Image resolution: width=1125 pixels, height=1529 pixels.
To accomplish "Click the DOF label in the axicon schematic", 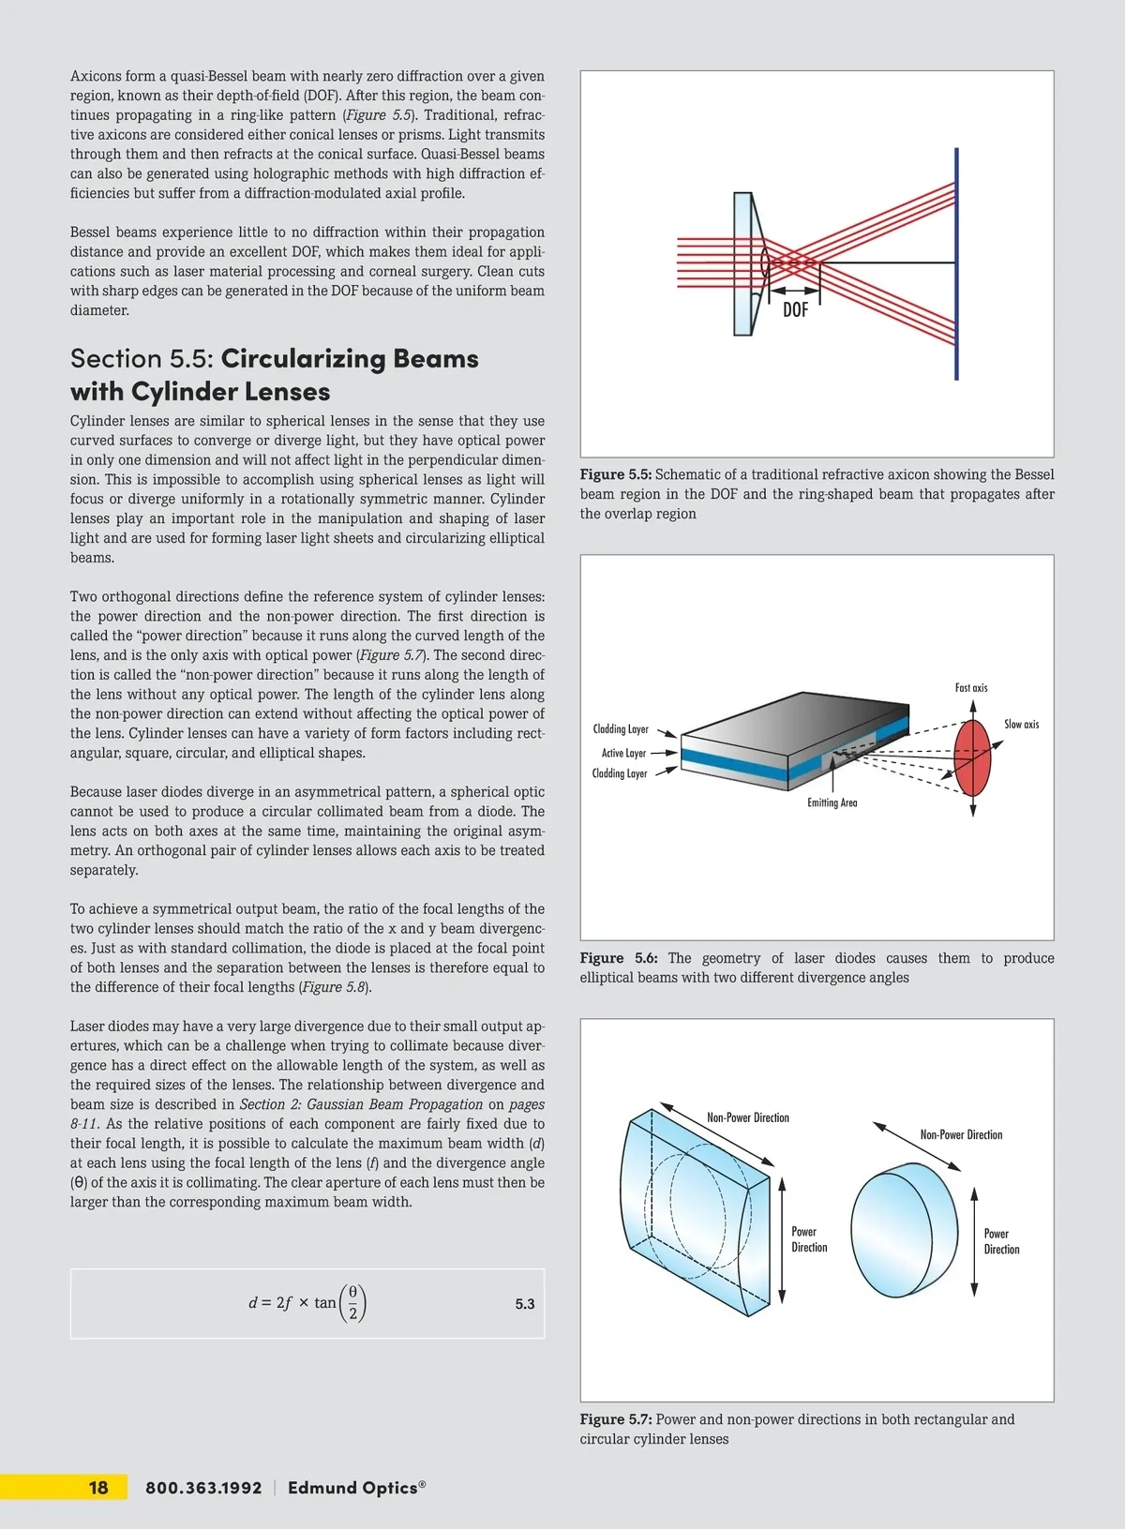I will coord(795,310).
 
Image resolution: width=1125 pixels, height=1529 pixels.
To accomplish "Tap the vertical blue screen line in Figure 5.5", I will coord(956,263).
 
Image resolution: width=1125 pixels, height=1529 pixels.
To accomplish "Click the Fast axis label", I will coord(971,688).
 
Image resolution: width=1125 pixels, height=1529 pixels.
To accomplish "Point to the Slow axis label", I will coord(1021,725).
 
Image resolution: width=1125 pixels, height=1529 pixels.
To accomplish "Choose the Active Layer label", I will coord(623,753).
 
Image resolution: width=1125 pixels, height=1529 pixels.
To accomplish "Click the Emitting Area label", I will coord(832,802).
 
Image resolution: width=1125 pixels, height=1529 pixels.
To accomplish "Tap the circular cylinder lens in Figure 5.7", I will coord(904,1230).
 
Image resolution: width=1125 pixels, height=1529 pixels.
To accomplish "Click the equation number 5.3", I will coord(525,1304).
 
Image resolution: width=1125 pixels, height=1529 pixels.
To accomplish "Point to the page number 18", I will coord(98,1488).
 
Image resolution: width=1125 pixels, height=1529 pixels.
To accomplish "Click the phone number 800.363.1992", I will coord(203,1488).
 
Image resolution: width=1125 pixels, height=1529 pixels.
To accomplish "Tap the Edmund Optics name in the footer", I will coord(353,1488).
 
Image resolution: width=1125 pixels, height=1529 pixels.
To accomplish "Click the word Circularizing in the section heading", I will coord(303,359).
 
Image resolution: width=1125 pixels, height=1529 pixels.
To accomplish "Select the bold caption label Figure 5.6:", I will coord(619,958).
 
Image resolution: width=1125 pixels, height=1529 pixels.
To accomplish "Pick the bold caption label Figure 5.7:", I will coord(616,1419).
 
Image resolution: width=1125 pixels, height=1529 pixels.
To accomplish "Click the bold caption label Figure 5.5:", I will coord(616,474).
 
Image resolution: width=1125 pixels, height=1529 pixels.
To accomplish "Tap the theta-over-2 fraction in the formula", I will coord(352,1302).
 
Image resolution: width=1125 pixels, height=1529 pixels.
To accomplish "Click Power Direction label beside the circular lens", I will coord(1001,1241).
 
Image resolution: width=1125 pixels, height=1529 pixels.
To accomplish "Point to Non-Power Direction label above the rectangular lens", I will coord(748,1117).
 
